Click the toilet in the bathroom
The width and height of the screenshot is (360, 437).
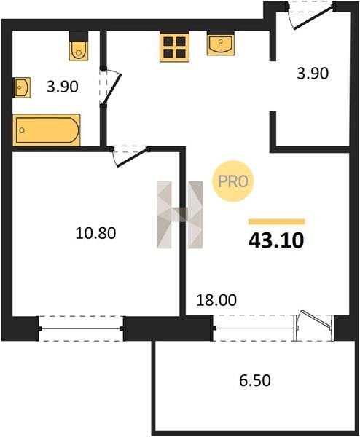(79, 46)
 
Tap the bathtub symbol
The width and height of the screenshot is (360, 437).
(47, 130)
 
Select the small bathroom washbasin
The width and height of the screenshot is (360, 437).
(21, 87)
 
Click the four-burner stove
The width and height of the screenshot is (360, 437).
(175, 47)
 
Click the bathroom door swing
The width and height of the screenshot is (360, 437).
(111, 87)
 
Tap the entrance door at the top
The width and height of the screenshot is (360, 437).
(311, 15)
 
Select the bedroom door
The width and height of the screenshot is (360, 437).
(130, 156)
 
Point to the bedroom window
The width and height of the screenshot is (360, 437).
(81, 328)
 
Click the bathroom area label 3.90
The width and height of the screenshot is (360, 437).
(62, 87)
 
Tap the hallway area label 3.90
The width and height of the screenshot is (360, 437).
(313, 74)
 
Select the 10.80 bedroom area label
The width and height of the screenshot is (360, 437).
(95, 233)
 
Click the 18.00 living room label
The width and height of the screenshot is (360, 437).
(216, 300)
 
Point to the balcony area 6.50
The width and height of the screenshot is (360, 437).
(255, 380)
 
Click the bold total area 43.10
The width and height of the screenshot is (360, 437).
(276, 240)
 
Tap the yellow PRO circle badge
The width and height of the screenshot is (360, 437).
(233, 181)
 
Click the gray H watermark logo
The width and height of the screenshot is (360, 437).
(179, 215)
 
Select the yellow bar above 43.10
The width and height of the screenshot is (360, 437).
(277, 221)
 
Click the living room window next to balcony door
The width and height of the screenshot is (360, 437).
(254, 328)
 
